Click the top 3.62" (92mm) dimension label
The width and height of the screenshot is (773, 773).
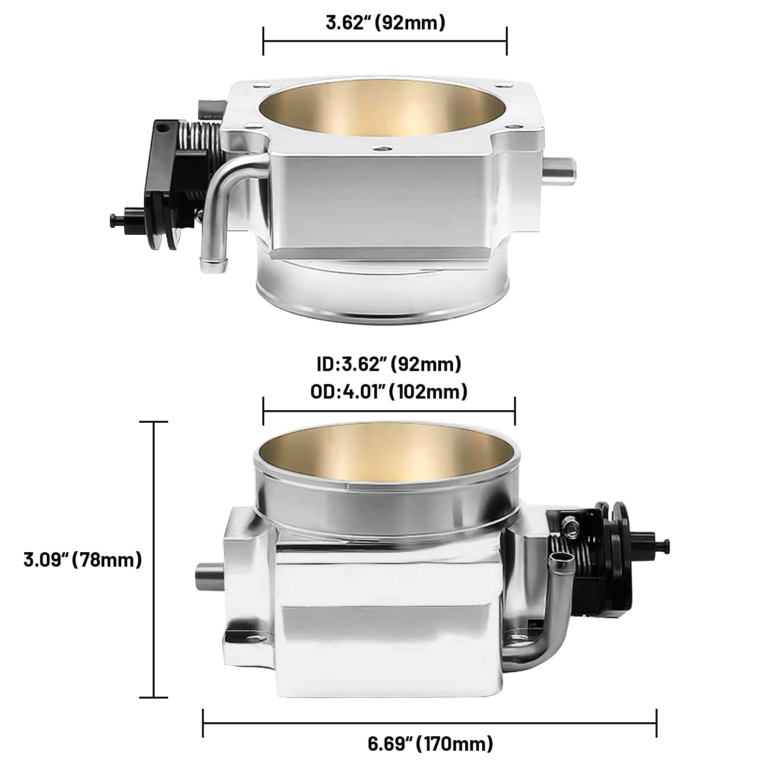click(385, 23)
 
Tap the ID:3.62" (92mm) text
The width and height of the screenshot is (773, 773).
click(388, 364)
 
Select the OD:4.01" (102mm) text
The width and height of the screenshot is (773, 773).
click(388, 391)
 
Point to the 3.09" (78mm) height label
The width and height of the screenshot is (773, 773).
click(83, 560)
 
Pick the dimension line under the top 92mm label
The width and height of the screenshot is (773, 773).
click(385, 41)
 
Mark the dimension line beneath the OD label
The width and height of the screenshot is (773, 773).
click(388, 411)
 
